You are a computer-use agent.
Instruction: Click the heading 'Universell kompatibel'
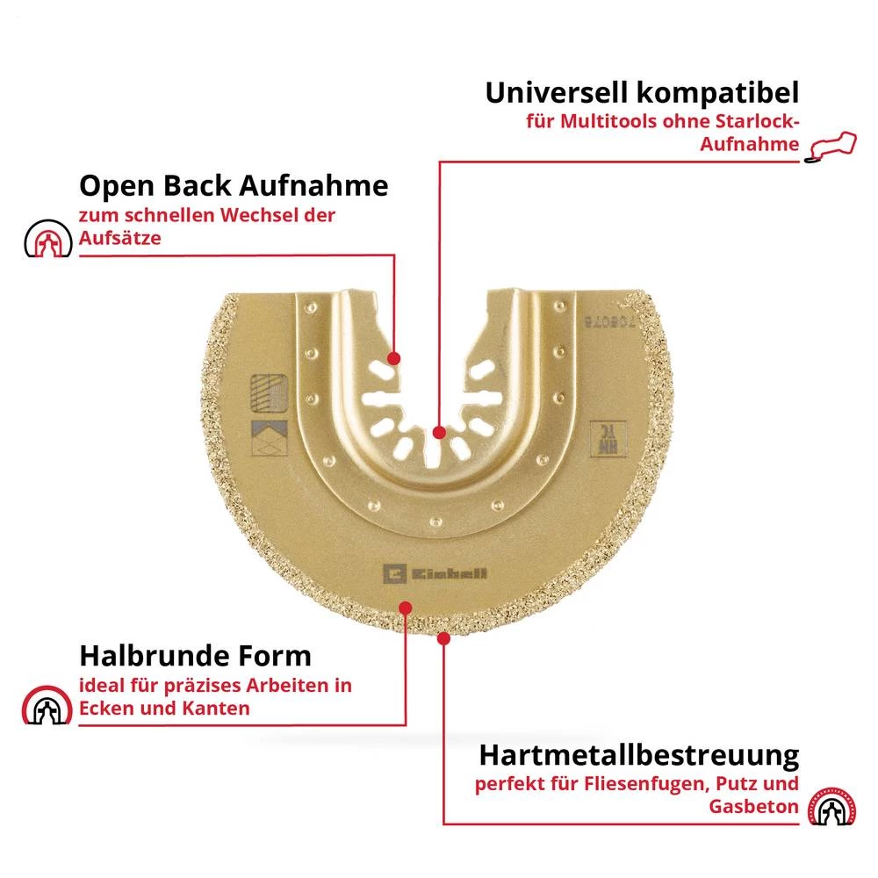tap(642, 93)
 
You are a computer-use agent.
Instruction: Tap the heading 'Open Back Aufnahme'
tap(234, 185)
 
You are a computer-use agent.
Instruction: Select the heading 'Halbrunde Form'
tap(195, 655)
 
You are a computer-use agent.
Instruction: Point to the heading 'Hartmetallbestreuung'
tap(638, 755)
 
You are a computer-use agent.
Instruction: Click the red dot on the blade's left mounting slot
tap(393, 358)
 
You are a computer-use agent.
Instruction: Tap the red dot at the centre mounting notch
tap(440, 431)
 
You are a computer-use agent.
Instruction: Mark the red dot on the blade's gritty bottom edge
tap(443, 639)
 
